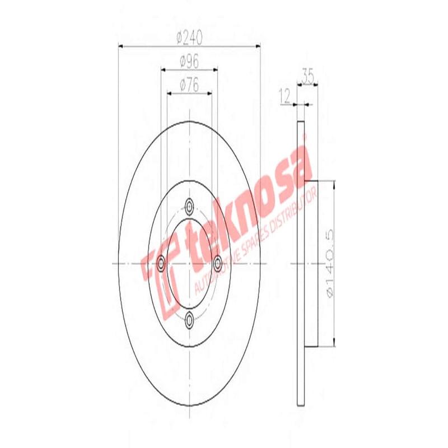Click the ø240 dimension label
pos(189,38)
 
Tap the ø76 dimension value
pos(189,85)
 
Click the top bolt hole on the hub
pos(189,207)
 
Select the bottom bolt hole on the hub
pos(189,319)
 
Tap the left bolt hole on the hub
pos(162,262)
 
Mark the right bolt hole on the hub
pos(217,262)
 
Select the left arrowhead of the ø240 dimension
pos(122,46)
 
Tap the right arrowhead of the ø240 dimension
pos(258,46)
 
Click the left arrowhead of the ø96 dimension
pos(164,70)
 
